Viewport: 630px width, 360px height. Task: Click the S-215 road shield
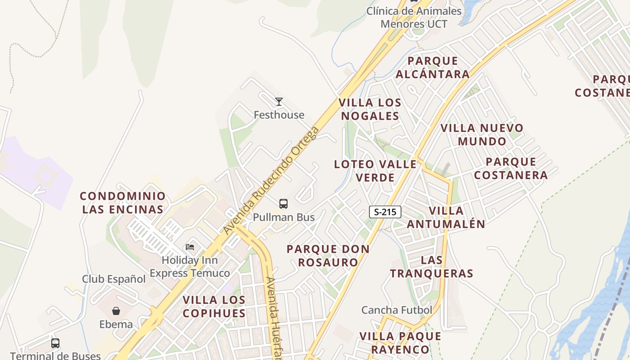(x=385, y=212)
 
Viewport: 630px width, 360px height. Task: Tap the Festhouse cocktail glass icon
(x=279, y=102)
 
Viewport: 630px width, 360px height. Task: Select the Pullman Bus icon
(x=283, y=204)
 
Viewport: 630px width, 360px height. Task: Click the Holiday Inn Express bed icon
(x=190, y=247)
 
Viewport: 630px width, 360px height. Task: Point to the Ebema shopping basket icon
(x=116, y=311)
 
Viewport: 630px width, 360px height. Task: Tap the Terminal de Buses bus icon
(x=55, y=343)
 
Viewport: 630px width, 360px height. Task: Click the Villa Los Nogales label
(x=370, y=109)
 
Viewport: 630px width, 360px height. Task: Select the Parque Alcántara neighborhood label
(x=432, y=67)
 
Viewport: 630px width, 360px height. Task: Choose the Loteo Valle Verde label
(x=375, y=171)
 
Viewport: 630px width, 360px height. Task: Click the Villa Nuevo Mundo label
(x=482, y=135)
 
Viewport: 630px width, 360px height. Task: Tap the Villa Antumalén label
(x=446, y=217)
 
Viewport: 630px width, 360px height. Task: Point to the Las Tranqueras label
(x=432, y=266)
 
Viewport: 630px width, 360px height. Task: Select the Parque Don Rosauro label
(x=328, y=255)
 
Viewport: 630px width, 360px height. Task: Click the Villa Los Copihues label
(x=214, y=306)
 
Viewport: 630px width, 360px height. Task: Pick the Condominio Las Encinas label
(x=123, y=202)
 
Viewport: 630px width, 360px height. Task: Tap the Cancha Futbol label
(x=396, y=310)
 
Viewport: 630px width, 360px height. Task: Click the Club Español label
(x=114, y=279)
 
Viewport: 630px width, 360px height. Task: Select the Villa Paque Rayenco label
(x=400, y=342)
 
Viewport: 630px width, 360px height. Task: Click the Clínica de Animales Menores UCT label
(x=414, y=17)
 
